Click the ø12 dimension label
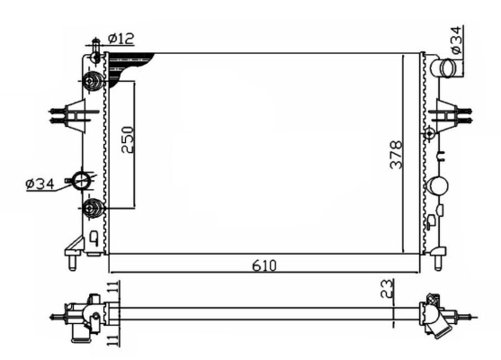121,38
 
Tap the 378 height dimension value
397,154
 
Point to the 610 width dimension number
264,266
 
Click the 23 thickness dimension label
385,290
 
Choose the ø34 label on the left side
41,184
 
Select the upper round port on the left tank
92,83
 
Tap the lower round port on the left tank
92,210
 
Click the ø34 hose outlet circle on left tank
83,180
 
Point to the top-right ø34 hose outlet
442,68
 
